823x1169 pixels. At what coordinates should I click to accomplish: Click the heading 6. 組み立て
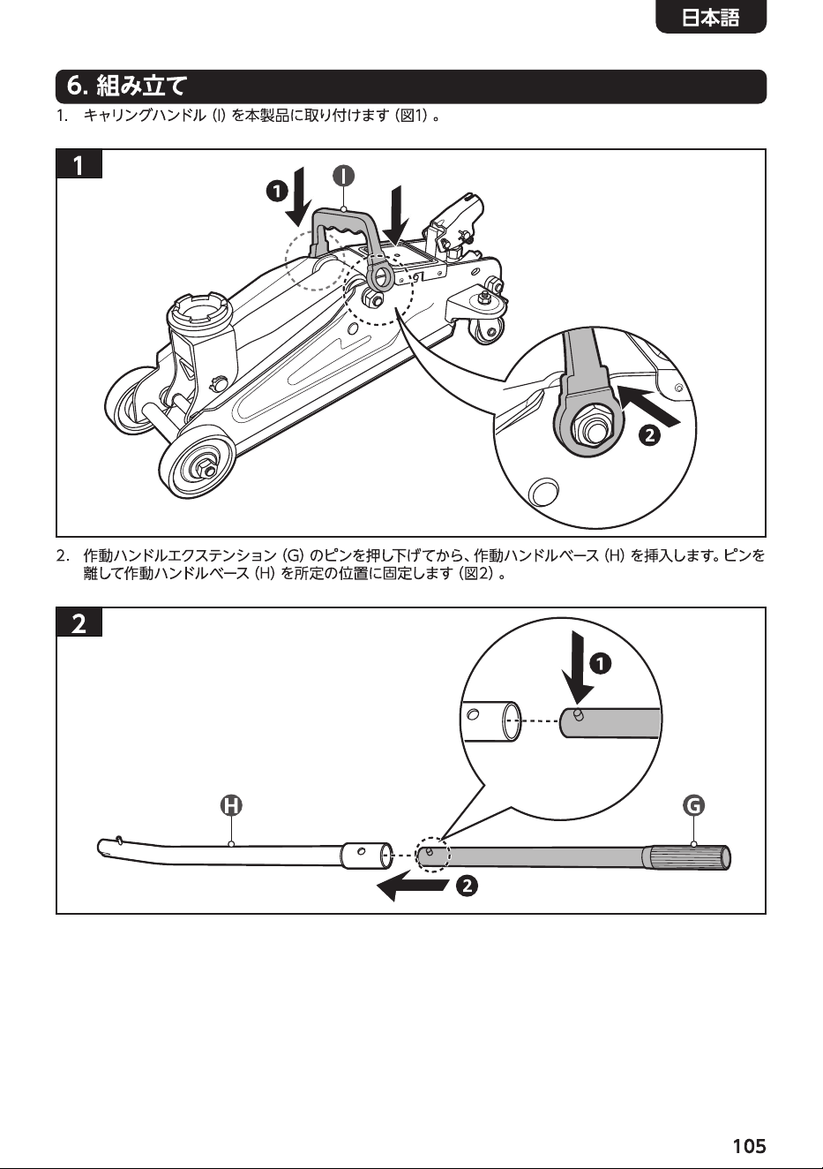126,87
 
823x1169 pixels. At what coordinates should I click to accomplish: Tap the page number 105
750,1145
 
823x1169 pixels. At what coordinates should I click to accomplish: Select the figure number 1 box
79,164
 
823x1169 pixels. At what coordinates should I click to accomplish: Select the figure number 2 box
79,622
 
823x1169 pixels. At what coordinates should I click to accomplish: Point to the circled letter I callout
344,176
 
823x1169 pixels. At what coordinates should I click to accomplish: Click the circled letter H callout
231,805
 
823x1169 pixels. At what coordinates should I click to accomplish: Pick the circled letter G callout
693,804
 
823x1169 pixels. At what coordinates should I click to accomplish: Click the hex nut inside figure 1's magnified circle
590,426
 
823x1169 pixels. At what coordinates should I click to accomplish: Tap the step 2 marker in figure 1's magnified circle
649,434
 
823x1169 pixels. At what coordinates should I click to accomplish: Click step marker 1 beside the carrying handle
277,192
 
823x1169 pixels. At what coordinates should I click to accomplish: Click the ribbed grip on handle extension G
686,858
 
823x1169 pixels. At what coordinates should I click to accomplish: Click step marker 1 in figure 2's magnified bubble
600,664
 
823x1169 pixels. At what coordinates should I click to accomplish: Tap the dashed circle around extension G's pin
432,855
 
